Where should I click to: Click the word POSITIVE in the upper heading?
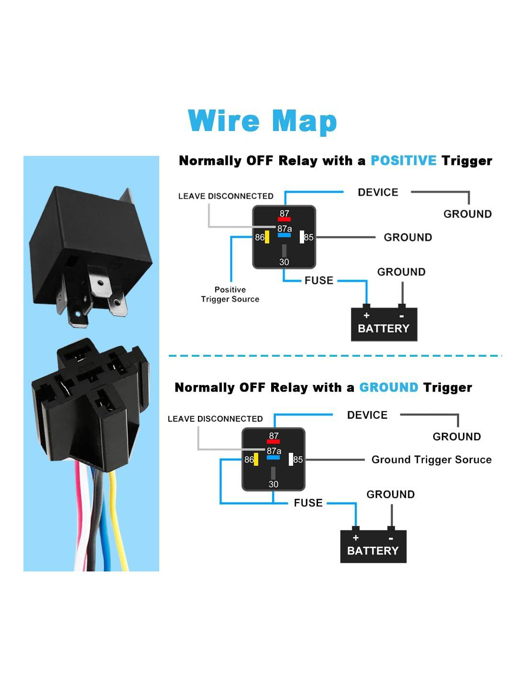click(x=403, y=161)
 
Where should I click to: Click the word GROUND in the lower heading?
click(x=388, y=387)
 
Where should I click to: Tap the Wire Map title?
click(x=263, y=121)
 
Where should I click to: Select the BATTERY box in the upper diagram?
click(x=384, y=325)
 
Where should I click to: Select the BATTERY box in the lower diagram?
click(x=373, y=547)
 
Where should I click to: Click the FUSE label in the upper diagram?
click(x=319, y=280)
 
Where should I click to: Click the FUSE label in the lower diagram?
click(x=308, y=503)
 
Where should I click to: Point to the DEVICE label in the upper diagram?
click(x=378, y=192)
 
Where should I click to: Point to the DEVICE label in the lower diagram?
click(x=367, y=415)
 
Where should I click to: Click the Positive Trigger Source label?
click(x=230, y=295)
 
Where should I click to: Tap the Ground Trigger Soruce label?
click(x=431, y=460)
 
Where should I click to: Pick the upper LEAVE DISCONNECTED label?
click(x=226, y=196)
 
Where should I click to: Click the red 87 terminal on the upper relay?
click(x=284, y=219)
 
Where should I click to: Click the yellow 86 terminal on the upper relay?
click(x=267, y=237)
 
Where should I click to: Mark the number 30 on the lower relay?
click(x=273, y=484)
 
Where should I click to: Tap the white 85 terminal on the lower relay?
click(x=291, y=460)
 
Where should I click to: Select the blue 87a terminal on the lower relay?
click(x=273, y=458)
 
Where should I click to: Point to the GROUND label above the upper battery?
click(x=401, y=272)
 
